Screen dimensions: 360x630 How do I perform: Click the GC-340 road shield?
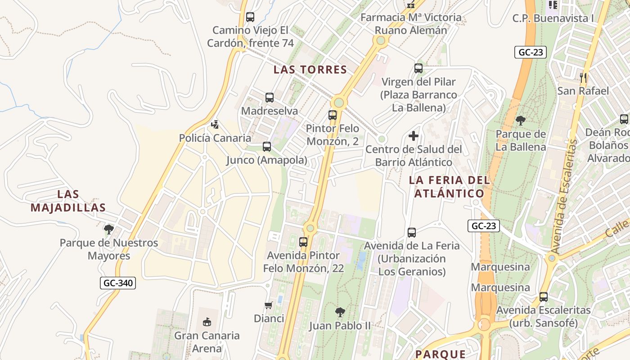117,283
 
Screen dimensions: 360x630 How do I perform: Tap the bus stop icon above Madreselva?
270,98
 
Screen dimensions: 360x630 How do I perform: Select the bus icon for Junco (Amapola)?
267,147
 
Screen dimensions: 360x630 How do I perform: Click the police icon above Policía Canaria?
215,125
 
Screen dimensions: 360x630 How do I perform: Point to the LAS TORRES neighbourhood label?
310,70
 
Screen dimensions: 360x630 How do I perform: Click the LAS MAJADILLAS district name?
68,201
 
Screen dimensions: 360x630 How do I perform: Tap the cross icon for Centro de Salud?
414,136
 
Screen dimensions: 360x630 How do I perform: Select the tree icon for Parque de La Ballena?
521,121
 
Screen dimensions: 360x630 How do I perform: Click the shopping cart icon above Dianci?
269,306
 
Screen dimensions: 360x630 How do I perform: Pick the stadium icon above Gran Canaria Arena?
207,322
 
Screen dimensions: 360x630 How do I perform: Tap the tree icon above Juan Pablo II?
340,312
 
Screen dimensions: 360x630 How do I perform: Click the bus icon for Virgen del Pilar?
418,68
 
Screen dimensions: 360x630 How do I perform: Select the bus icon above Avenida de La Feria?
412,233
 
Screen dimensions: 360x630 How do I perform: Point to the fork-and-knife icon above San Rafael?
583,77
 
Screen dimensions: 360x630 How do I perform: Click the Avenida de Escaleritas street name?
564,197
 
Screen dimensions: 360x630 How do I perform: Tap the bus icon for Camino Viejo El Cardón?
250,17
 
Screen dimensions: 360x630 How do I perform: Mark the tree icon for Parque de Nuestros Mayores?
109,229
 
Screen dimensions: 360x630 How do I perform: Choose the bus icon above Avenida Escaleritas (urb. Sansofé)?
544,297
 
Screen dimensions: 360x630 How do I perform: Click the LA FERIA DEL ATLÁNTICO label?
449,187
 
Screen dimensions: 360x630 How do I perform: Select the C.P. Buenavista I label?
553,18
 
